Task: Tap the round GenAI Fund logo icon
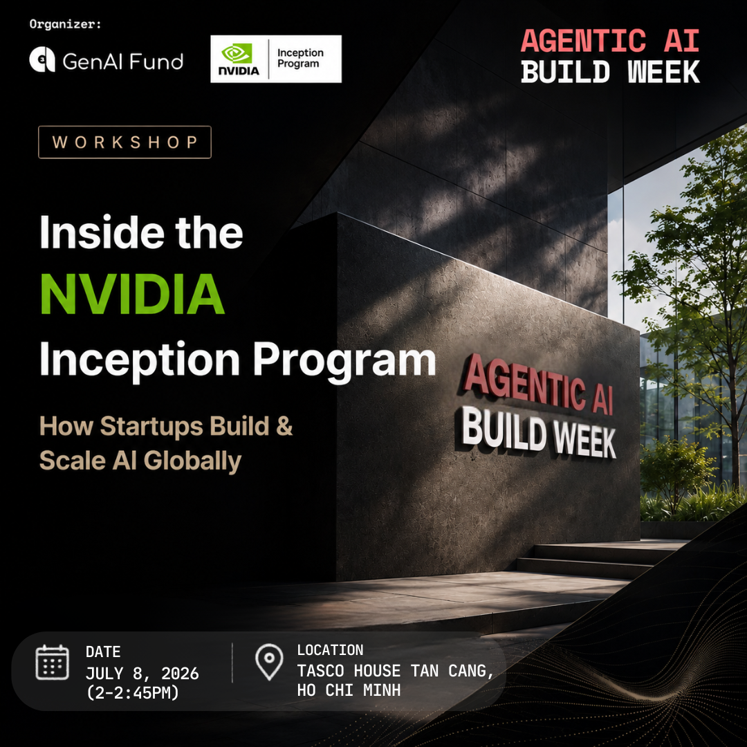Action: (42, 60)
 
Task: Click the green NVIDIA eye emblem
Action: (237, 53)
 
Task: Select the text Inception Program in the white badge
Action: (300, 58)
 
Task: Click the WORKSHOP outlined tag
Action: (124, 142)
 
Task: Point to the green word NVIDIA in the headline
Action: (132, 294)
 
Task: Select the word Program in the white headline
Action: (344, 360)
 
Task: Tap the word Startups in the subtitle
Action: (151, 426)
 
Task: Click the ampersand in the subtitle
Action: (284, 425)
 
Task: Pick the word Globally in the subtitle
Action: (192, 461)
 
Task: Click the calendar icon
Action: (53, 662)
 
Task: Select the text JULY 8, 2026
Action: (142, 673)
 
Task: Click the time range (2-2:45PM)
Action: (132, 692)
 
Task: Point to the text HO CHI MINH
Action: (349, 690)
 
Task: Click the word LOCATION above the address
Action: (330, 649)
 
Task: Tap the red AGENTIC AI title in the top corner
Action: (610, 41)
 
